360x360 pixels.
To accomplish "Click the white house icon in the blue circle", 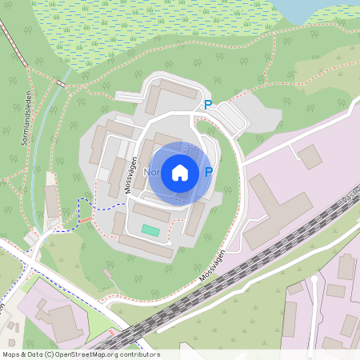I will (180, 172).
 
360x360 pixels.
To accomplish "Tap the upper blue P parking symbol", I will (208, 105).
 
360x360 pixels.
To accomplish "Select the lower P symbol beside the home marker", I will (209, 172).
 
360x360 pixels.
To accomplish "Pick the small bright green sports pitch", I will (151, 230).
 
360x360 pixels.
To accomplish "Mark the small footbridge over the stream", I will (60, 82).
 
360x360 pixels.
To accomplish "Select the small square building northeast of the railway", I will (310, 156).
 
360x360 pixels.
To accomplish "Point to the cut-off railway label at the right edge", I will (350, 193).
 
